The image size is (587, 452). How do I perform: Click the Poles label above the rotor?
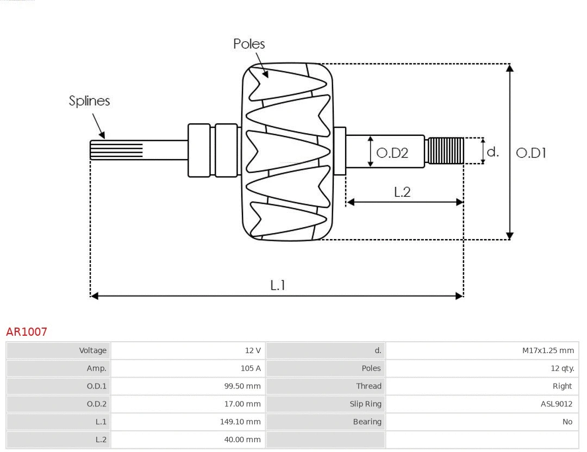coord(249,44)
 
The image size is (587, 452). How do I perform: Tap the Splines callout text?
coord(89,101)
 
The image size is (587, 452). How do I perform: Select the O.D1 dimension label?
coord(530,153)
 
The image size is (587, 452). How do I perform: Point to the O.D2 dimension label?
coord(392,153)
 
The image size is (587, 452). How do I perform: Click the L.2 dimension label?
coord(402,192)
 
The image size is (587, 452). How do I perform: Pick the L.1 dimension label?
coord(278,285)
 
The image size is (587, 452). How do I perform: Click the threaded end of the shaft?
coord(446,150)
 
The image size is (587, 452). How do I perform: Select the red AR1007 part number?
coord(27,331)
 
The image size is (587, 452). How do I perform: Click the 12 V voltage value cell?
coord(253,350)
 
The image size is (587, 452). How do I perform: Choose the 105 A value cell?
coord(251,368)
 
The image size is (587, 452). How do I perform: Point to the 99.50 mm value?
coord(242,386)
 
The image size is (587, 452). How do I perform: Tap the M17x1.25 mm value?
coord(548,350)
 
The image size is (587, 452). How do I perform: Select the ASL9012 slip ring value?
coord(556,404)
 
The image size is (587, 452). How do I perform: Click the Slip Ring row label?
coord(365,404)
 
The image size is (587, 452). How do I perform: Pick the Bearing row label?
coord(367,422)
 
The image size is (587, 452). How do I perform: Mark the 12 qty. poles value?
coord(562,368)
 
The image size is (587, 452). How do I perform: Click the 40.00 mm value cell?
coord(242,440)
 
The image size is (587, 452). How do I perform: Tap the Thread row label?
coord(369,386)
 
